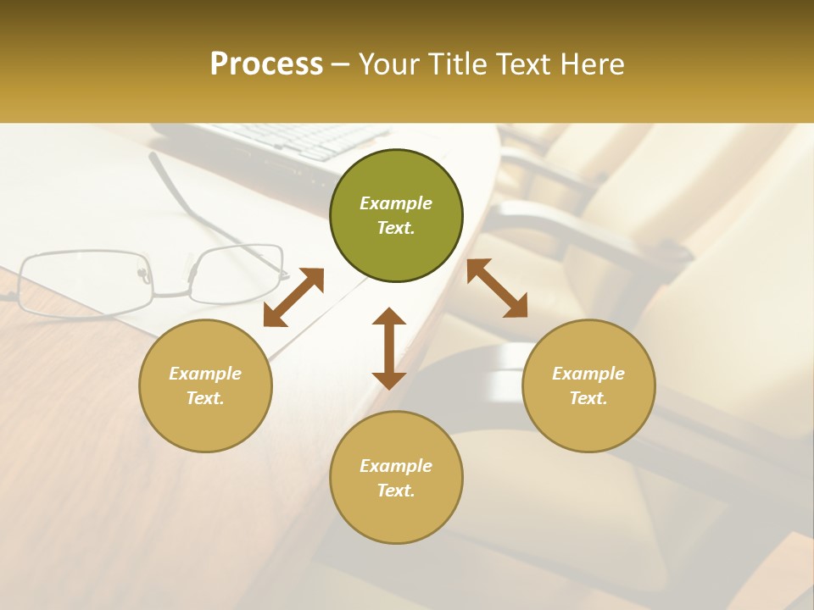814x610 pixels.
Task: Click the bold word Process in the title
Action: [266, 64]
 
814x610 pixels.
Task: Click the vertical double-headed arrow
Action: [389, 348]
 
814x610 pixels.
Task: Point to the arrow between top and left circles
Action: [293, 297]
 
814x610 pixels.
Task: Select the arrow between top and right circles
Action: [497, 287]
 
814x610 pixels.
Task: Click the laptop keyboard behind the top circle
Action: [297, 141]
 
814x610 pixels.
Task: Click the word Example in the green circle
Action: [396, 203]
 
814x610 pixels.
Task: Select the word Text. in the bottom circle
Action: [396, 491]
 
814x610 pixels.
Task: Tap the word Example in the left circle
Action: [205, 374]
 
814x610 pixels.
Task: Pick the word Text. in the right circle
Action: [588, 398]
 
